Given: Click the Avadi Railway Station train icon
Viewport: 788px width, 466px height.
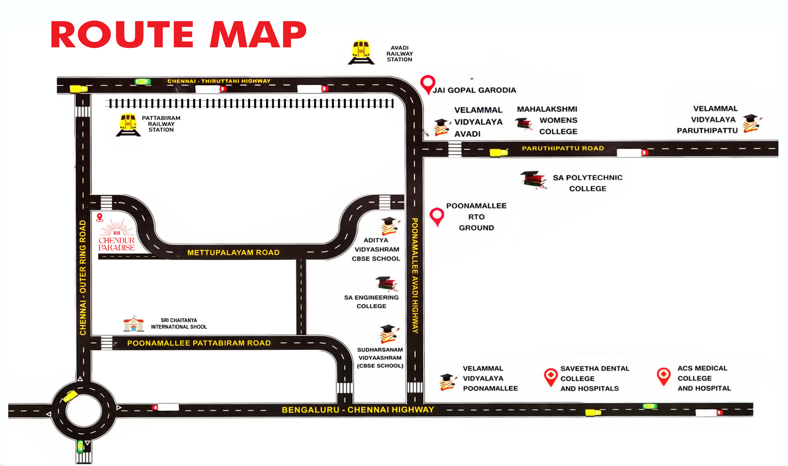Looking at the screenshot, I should tap(361, 52).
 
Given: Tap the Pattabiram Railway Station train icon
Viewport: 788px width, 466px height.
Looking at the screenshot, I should tap(128, 125).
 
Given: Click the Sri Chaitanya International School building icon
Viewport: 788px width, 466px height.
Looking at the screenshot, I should tap(133, 324).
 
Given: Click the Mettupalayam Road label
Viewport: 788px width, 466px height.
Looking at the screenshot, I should tap(233, 252).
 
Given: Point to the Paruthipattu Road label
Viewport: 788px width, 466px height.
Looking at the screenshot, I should tap(563, 148).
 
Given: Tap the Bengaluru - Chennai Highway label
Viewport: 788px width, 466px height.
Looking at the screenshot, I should tap(358, 410).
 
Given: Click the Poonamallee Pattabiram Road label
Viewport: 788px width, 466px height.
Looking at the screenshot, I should tap(199, 343).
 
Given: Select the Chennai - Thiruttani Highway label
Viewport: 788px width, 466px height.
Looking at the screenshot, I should tap(219, 81).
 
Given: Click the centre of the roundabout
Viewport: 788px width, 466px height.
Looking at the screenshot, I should tap(84, 411).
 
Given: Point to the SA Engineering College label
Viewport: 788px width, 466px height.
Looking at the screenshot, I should tap(371, 302).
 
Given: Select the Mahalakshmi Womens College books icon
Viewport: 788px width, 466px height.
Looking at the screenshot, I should tap(523, 123).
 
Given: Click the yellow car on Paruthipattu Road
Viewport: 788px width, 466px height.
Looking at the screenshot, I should tap(498, 153).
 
